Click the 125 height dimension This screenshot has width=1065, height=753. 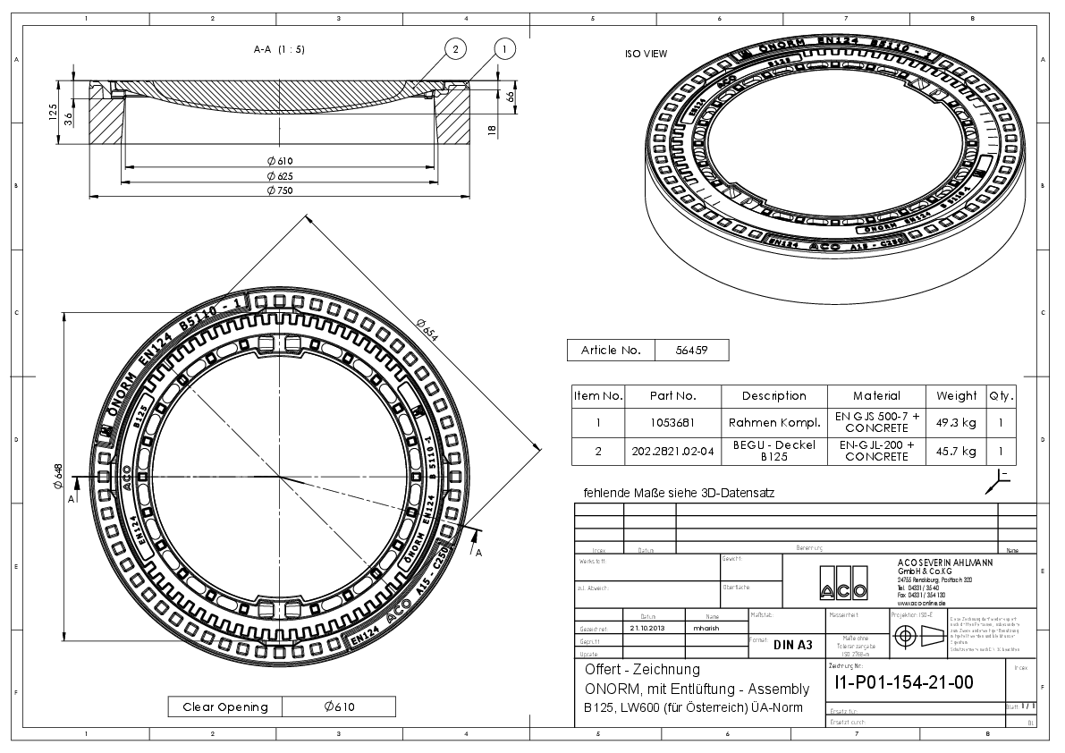(54, 112)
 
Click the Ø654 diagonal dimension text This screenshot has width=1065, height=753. (429, 330)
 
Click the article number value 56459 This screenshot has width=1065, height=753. (692, 350)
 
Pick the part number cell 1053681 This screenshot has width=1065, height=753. (672, 422)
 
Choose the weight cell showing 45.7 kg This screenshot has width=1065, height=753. (957, 451)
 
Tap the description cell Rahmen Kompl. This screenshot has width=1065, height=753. (773, 422)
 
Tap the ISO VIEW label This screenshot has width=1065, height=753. (646, 54)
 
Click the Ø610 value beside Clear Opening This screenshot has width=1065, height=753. (339, 706)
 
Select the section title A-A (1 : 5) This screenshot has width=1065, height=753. (279, 49)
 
